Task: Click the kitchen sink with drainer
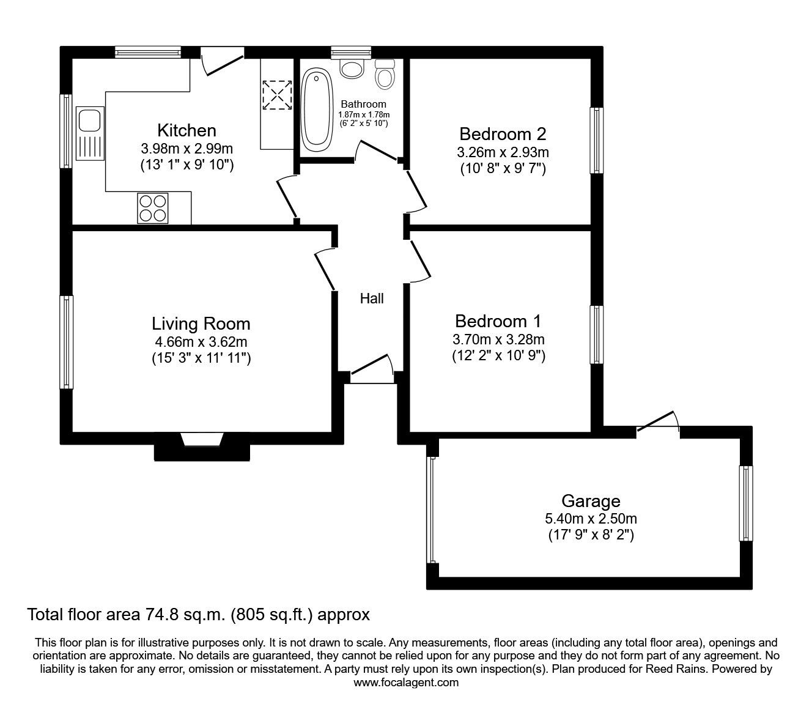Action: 90,133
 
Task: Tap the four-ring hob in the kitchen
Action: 153,209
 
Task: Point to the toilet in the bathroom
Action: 385,74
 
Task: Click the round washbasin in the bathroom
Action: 352,69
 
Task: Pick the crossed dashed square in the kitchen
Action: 277,95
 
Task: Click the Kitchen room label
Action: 186,130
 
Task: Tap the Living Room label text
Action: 201,324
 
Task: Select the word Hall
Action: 372,298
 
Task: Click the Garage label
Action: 591,501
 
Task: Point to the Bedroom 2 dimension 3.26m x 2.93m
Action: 503,152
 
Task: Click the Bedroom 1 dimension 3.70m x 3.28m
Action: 498,339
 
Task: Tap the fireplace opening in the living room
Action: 202,439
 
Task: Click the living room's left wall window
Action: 67,342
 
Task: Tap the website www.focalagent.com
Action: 406,694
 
